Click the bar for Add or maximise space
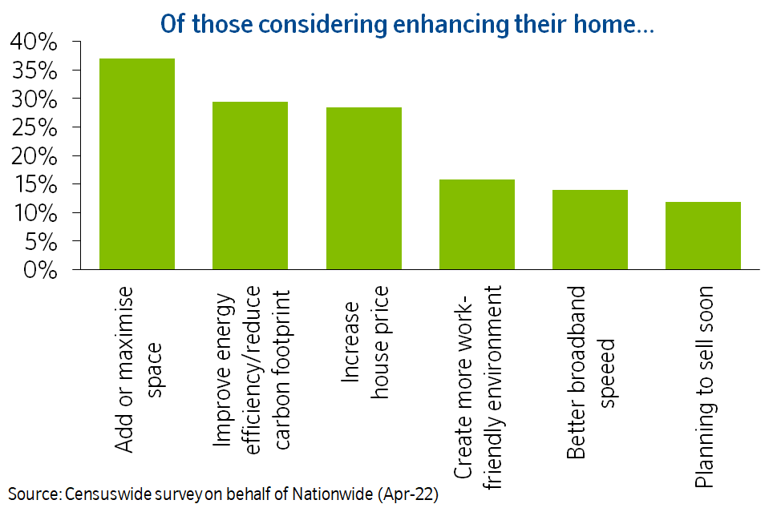136,163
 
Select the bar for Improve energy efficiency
249,185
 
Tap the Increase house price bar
363,188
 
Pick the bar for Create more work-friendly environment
476,224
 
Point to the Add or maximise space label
136,370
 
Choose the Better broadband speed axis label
589,372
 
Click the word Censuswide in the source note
109,494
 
